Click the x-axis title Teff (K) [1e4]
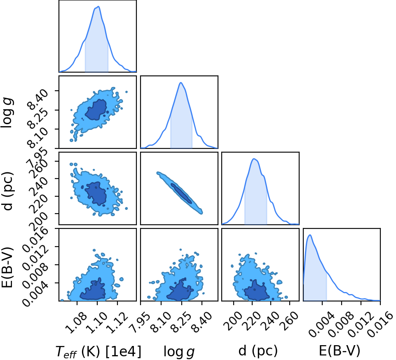[98, 351]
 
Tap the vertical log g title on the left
[7, 113]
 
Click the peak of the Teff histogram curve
[99, 7]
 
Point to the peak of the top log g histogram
[180, 82]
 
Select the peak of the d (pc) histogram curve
[254, 159]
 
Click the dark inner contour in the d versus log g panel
[181, 193]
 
